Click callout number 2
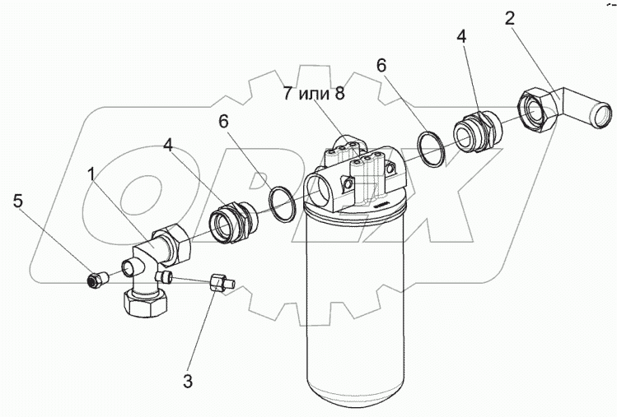[512, 18]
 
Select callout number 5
[17, 200]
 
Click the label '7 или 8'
[313, 92]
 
